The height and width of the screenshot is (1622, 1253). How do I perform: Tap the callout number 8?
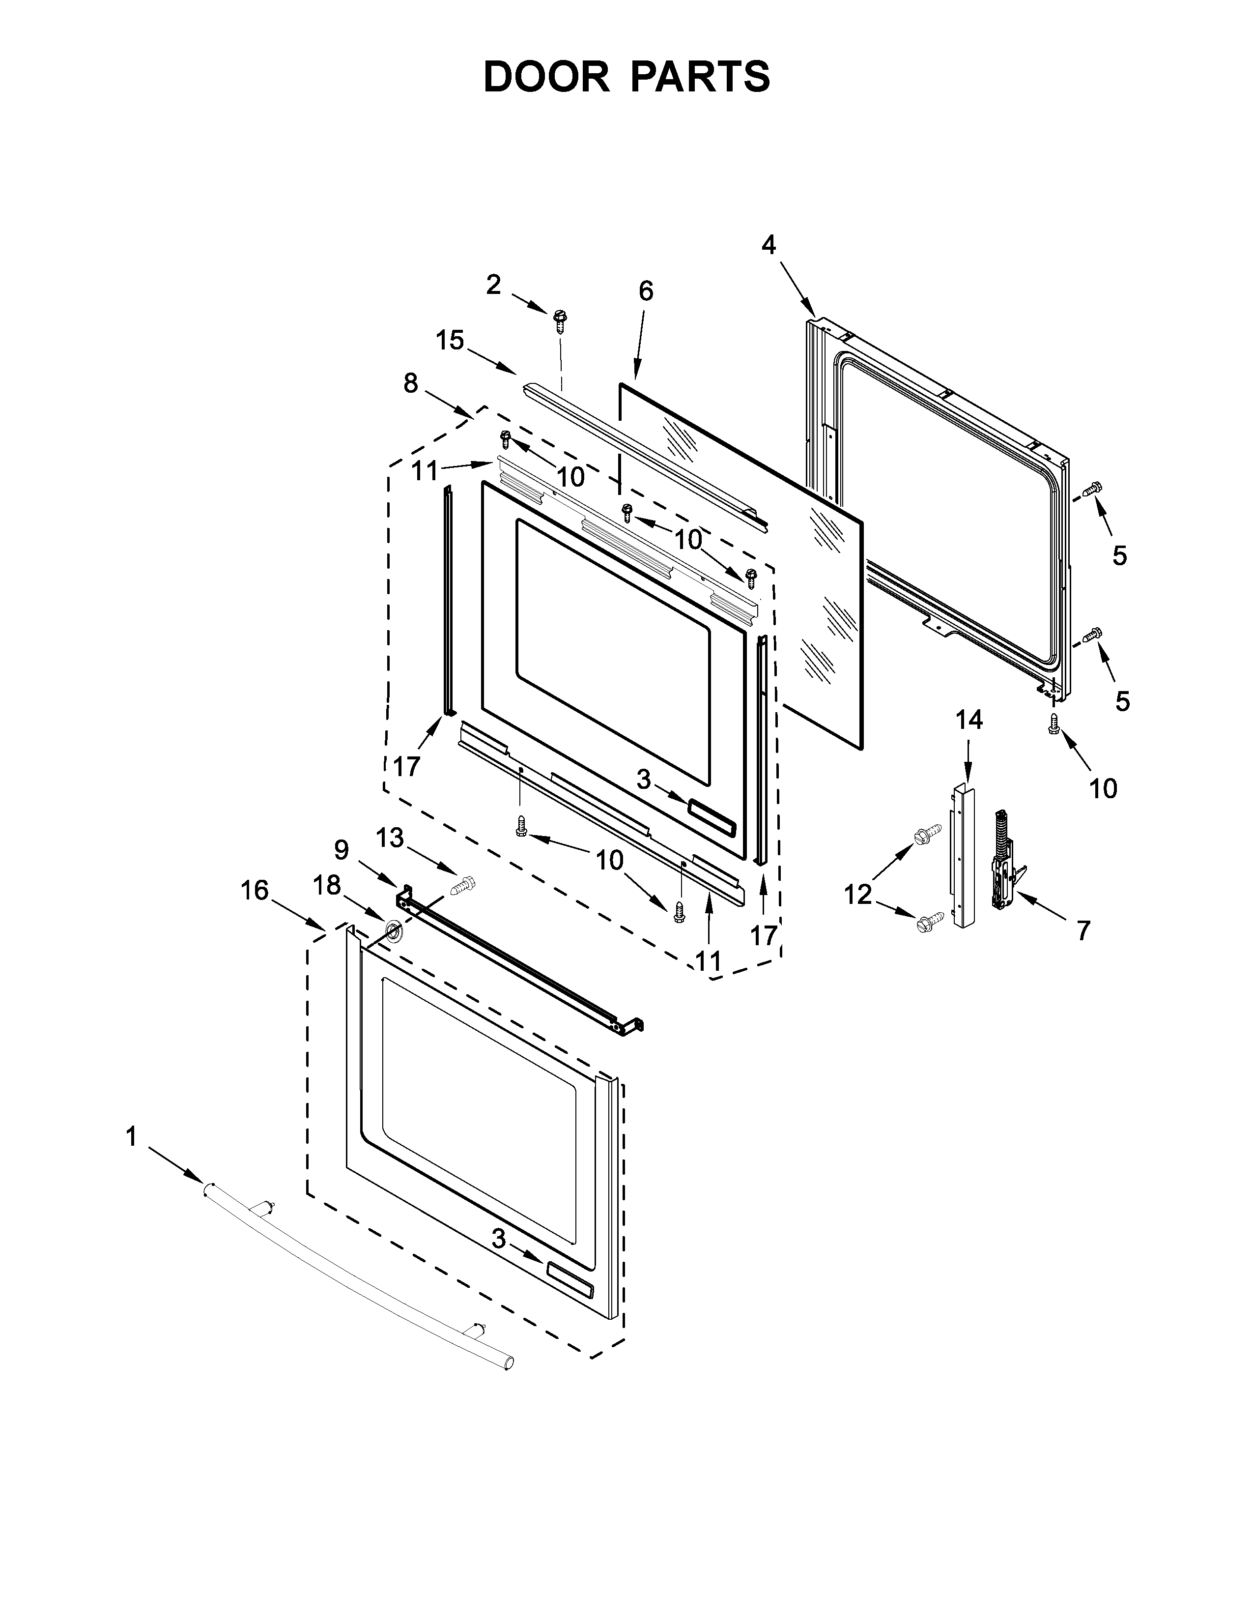click(x=410, y=383)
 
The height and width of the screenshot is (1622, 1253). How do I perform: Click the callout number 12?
click(x=857, y=895)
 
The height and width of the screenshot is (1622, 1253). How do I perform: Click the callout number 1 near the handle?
click(x=131, y=1137)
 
